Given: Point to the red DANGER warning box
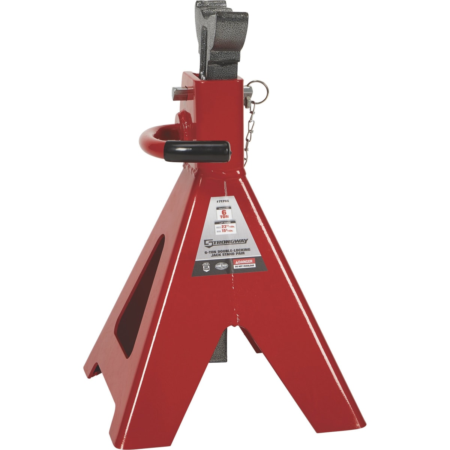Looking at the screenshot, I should click(x=244, y=261).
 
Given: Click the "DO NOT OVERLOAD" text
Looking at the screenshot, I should click(x=244, y=266).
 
